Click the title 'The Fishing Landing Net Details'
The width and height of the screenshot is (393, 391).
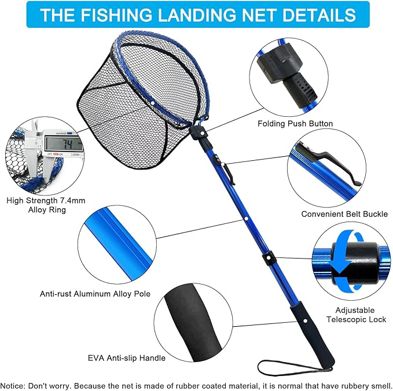click(197, 14)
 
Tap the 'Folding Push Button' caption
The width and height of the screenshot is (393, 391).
click(295, 123)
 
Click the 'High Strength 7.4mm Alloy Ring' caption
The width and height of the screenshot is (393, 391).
click(45, 205)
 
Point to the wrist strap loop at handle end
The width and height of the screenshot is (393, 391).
click(289, 368)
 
